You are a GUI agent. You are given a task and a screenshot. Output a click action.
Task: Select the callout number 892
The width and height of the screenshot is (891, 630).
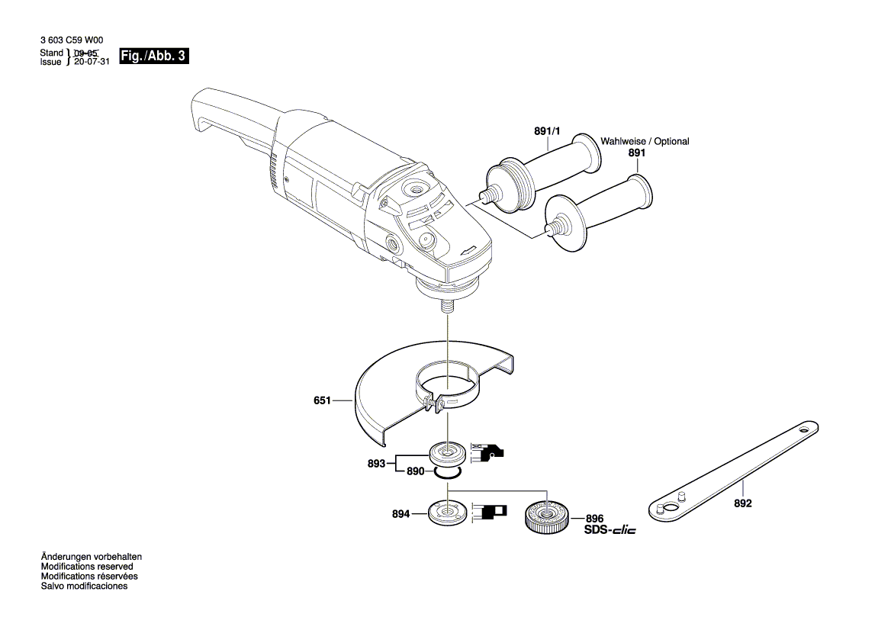point(742,504)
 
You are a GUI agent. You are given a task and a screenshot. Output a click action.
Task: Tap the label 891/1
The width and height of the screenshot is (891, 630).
point(547,132)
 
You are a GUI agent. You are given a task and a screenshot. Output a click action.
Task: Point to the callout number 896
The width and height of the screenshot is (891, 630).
point(593,518)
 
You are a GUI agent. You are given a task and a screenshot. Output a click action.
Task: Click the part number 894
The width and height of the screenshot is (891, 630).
point(401,515)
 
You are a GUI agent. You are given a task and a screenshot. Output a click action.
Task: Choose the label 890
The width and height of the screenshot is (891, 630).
point(415,472)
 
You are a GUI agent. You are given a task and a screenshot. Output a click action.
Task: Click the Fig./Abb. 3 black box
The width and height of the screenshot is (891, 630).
point(155,56)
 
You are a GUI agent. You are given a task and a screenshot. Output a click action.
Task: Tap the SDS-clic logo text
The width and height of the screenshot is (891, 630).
point(610,530)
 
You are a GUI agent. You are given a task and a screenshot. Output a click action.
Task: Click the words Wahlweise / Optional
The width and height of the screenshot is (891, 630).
point(645,142)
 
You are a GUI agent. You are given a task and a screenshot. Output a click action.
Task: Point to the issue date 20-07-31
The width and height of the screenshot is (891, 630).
point(92,63)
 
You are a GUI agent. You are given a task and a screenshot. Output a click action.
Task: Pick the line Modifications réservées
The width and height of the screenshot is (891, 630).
point(88,577)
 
